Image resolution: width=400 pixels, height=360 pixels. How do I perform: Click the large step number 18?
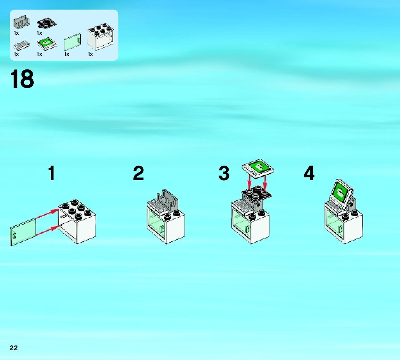click(x=22, y=79)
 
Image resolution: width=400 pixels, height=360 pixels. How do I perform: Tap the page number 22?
click(x=14, y=348)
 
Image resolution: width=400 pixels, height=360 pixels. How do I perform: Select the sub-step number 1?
click(x=51, y=173)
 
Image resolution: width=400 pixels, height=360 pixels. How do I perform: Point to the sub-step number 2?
click(x=138, y=173)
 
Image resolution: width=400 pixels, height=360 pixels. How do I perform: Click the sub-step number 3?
click(x=224, y=173)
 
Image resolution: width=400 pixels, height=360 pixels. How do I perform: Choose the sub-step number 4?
click(x=309, y=173)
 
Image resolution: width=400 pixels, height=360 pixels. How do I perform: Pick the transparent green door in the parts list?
click(x=73, y=42)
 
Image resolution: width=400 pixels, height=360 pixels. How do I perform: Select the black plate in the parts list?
click(x=47, y=23)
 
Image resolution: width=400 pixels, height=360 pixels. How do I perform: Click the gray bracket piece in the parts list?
click(x=22, y=23)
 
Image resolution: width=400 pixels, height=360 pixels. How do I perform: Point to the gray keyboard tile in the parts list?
click(x=22, y=45)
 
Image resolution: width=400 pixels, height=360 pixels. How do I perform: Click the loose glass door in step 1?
click(x=23, y=232)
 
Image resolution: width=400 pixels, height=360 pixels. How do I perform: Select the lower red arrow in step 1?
click(x=47, y=231)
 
